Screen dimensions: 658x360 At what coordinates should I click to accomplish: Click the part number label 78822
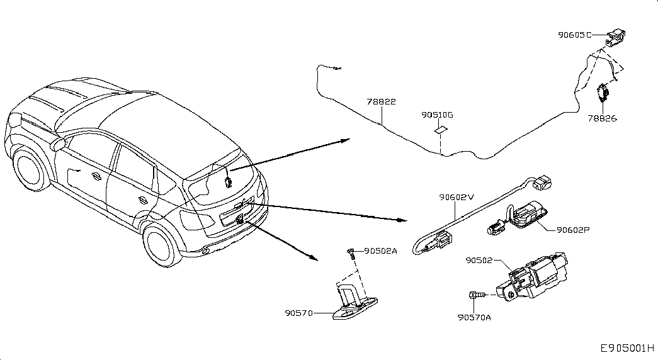point(381,101)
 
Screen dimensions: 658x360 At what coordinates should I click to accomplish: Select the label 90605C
point(574,35)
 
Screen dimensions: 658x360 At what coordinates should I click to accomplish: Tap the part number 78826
point(602,118)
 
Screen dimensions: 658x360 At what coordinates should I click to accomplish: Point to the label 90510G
point(437,115)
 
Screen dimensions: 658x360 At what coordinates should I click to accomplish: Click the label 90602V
point(457,197)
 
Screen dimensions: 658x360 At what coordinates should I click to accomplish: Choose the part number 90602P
point(573,230)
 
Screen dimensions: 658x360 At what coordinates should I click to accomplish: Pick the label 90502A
point(380,251)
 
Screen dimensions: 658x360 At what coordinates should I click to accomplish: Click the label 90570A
point(474,318)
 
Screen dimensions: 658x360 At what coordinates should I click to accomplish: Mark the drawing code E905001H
point(627,348)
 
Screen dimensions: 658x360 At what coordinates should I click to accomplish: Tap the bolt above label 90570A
point(477,295)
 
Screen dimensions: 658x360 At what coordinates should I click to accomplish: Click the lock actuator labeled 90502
point(533,276)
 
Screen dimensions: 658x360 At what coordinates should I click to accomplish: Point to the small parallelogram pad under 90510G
point(440,130)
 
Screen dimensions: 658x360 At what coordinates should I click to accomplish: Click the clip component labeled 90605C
point(615,37)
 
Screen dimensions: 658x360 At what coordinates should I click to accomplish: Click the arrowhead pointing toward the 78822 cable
point(345,140)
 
